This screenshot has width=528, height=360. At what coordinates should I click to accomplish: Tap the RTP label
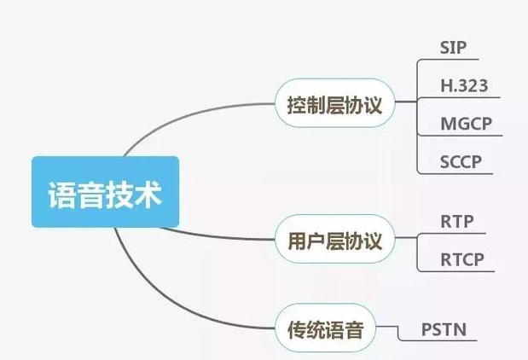point(457,221)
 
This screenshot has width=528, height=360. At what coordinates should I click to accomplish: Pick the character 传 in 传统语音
point(293,329)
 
